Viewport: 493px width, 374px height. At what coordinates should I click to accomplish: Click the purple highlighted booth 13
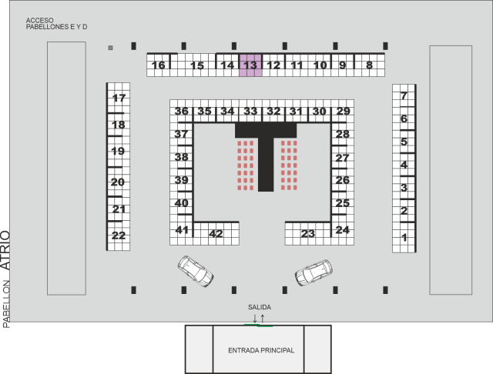coord(250,65)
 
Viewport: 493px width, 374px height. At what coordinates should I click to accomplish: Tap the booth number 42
coord(216,234)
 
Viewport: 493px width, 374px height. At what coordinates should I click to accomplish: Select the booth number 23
coord(308,234)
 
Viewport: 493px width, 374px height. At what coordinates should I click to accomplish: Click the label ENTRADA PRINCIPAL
coord(261,350)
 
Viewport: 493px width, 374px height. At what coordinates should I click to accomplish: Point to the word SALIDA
coord(260,307)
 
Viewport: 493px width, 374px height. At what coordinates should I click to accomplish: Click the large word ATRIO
coord(5,250)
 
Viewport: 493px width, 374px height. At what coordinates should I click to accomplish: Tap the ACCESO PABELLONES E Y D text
coord(56,24)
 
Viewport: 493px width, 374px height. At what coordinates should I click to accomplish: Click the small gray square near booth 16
coord(110,48)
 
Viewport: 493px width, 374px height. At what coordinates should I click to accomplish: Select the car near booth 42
coord(196,272)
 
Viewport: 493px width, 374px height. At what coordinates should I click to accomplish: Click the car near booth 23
coord(314,272)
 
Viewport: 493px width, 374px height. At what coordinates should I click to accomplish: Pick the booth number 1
coord(404,237)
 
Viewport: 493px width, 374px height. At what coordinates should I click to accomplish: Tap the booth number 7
coord(404,95)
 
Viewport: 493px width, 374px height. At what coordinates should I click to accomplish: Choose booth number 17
coord(119,99)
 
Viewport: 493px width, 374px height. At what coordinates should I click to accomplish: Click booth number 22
coord(119,235)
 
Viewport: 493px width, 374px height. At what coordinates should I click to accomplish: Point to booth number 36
coord(182,111)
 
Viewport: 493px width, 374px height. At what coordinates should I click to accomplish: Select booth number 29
coord(343,111)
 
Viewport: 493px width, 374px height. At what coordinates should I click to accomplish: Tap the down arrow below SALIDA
coord(255,319)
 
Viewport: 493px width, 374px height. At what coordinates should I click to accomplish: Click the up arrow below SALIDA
coord(263,319)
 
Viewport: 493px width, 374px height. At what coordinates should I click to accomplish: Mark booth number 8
coord(370,65)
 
